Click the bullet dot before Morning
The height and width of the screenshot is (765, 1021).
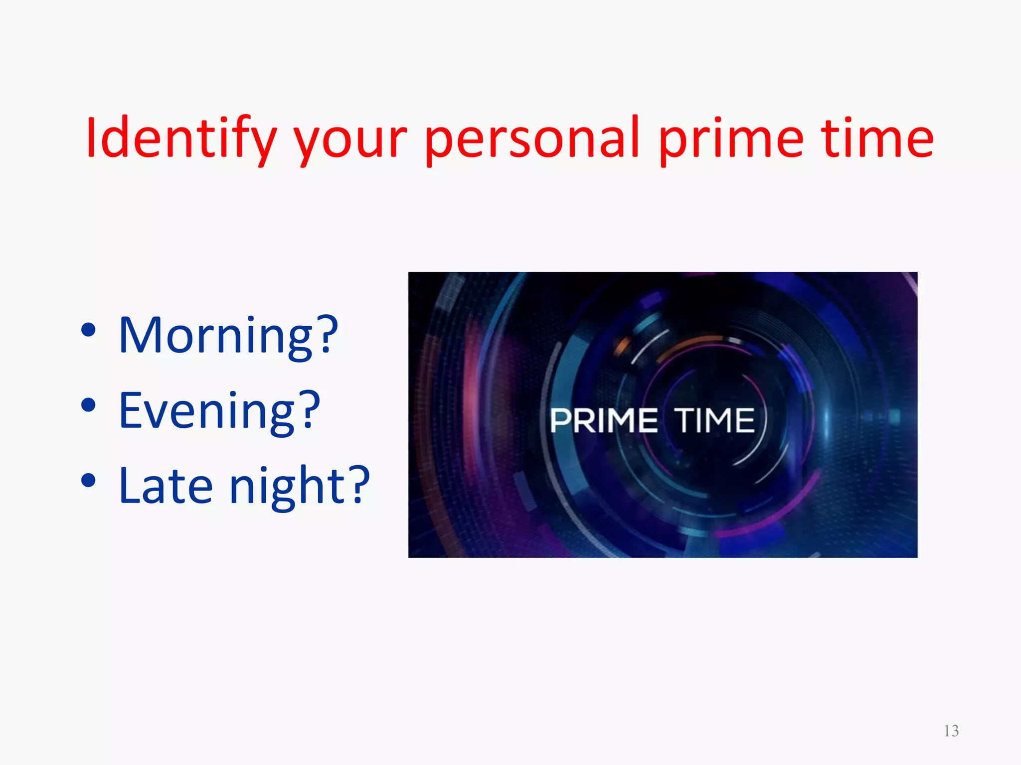[88, 330]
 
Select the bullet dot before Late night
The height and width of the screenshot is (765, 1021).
[88, 481]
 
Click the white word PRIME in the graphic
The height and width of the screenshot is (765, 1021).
[604, 421]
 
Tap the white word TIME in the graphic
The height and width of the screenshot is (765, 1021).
[714, 421]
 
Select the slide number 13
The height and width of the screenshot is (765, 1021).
[951, 731]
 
